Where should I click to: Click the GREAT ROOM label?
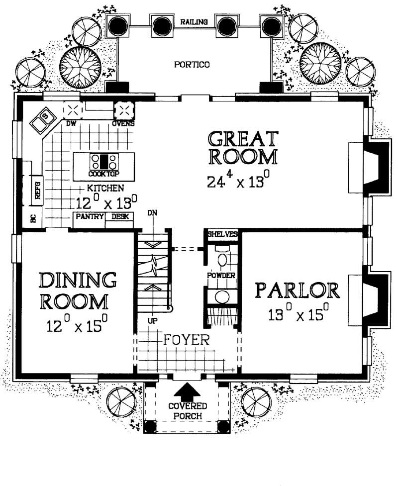[x=243, y=148]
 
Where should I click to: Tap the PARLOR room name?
[x=298, y=291]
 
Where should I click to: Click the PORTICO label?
[x=192, y=64]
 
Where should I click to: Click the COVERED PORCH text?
[x=187, y=411]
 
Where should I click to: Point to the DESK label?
[x=119, y=216]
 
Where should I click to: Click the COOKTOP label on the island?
[x=104, y=174]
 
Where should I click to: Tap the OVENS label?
[x=123, y=123]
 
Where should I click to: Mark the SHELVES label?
[x=221, y=234]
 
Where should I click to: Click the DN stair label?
[x=153, y=212]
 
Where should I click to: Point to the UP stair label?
[x=153, y=321]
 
